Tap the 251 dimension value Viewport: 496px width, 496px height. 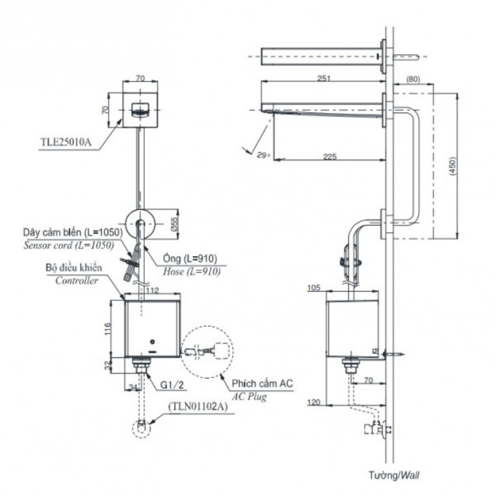tap(325, 78)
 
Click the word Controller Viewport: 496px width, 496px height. tap(77, 280)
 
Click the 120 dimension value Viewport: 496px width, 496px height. tap(314, 402)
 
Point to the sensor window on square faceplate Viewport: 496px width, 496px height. tap(141, 110)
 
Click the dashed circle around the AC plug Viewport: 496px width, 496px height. tap(207, 352)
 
